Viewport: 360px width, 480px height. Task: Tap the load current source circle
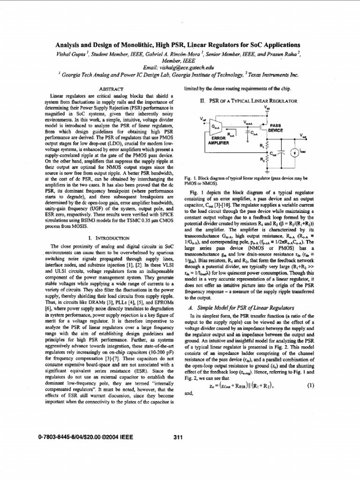click(x=294, y=152)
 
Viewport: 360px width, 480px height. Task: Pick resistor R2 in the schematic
click(x=268, y=160)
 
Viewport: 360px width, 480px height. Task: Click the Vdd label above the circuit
click(x=267, y=107)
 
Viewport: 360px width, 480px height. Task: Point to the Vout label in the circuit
click(x=304, y=135)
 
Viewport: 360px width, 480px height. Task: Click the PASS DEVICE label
click(x=276, y=128)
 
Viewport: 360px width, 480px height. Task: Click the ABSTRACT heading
click(x=111, y=89)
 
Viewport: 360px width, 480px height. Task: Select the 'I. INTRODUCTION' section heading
click(x=109, y=238)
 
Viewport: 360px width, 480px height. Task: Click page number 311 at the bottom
click(x=178, y=437)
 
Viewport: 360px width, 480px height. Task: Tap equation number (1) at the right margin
click(x=310, y=385)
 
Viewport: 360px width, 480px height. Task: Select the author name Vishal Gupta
click(x=70, y=54)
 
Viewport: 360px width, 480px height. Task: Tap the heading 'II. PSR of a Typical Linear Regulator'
click(x=248, y=100)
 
